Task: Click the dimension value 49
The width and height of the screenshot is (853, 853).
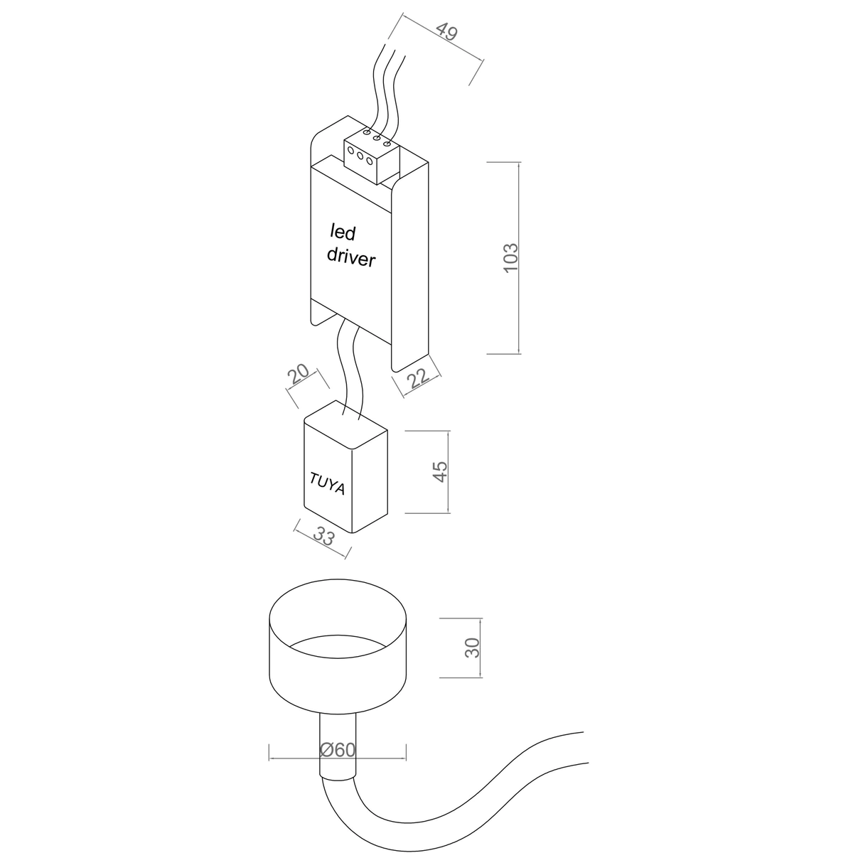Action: point(446,31)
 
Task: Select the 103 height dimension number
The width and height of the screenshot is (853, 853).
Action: point(511,258)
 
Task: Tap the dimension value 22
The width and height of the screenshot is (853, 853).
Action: point(418,378)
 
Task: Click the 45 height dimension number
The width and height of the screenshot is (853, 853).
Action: point(441,472)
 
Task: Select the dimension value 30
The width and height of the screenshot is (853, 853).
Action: point(473,648)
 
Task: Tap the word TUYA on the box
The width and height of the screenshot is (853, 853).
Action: point(327,483)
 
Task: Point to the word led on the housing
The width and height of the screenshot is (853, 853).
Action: point(343,232)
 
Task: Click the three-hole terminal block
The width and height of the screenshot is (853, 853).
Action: point(372,156)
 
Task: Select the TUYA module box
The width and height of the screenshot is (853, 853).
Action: point(345,466)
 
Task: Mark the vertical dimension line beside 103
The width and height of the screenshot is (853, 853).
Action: point(518,258)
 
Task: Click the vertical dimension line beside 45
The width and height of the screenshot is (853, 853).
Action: point(448,472)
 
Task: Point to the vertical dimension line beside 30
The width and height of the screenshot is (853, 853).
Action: point(481,648)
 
